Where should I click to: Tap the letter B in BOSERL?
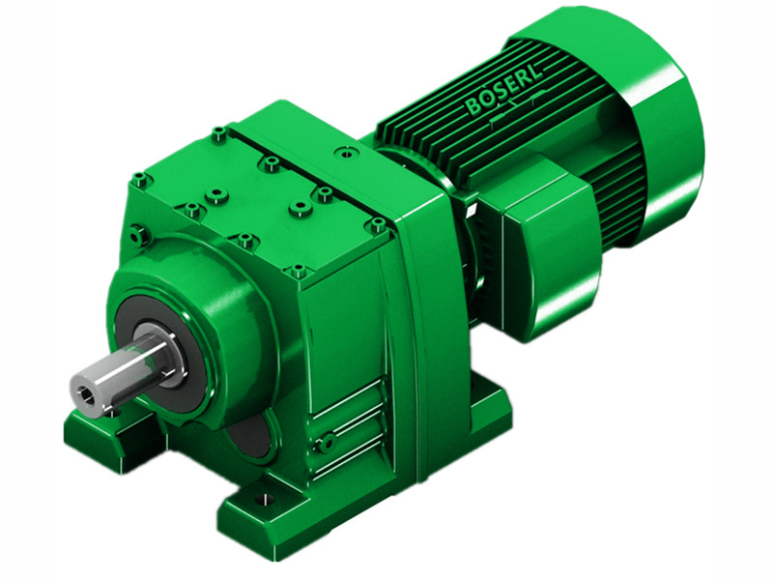[476, 105]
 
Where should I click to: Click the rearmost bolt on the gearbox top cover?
[344, 152]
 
